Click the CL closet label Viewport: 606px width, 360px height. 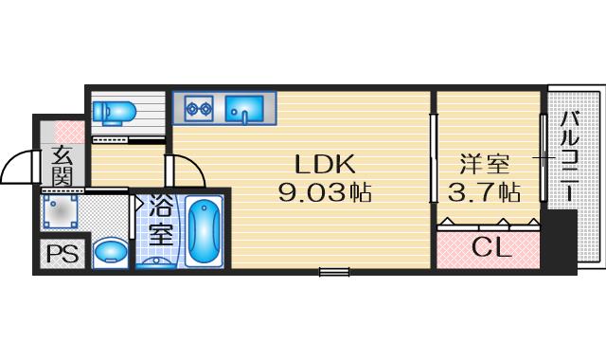coord(490,250)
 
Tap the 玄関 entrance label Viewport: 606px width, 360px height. coord(62,165)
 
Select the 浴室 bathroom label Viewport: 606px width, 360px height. coord(161,220)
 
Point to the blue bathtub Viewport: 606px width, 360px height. coord(204,231)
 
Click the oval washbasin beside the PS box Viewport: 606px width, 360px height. coord(112,252)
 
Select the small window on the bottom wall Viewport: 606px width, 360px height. coord(334,273)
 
